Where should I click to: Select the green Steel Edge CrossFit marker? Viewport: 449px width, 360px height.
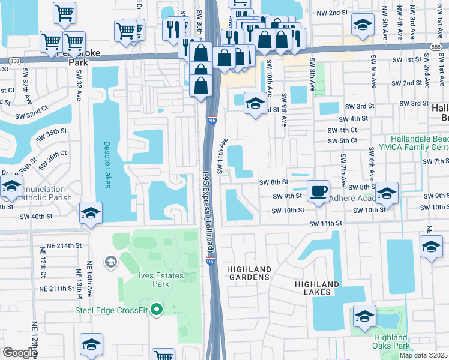point(157,310)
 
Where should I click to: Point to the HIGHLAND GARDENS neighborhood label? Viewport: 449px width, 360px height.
point(249,273)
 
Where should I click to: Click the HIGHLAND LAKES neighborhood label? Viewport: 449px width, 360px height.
point(317,288)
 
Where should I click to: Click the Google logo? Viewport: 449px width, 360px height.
point(20,353)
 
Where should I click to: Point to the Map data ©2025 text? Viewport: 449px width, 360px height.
point(423,355)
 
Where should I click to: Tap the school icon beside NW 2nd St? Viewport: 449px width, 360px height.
point(362,26)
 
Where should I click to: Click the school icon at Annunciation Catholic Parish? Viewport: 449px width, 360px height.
point(11,187)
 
